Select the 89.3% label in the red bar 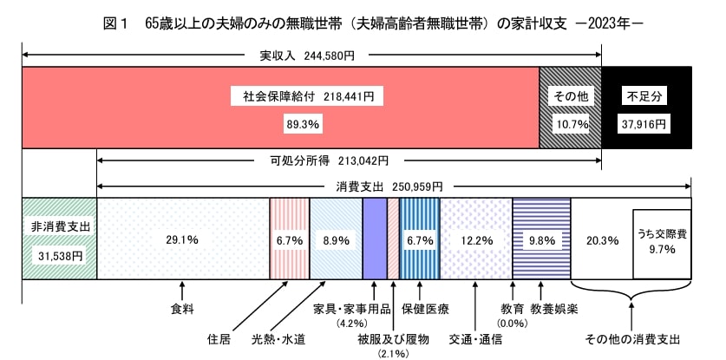(303, 125)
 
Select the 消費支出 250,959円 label (389, 186)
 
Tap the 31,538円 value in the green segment (59, 256)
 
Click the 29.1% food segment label (183, 239)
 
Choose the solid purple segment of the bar (374, 239)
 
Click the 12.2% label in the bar (476, 239)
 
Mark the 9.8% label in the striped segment (541, 239)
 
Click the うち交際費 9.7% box (662, 240)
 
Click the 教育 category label (511, 307)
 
